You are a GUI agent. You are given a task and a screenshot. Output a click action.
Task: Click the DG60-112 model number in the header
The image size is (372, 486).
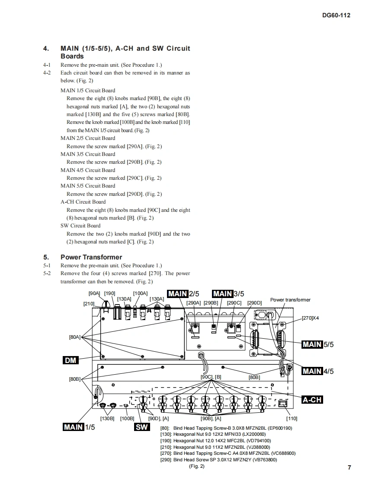pyautogui.click(x=336, y=15)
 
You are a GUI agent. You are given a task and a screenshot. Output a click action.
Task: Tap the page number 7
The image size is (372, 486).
pyautogui.click(x=350, y=467)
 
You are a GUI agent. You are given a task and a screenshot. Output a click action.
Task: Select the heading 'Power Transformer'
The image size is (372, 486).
pyautogui.click(x=91, y=257)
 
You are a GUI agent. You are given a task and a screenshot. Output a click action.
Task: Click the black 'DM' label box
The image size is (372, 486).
pyautogui.click(x=71, y=360)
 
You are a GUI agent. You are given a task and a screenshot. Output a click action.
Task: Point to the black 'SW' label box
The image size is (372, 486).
pyautogui.click(x=142, y=427)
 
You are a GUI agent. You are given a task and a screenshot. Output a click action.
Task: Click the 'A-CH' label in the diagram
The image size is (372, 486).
pyautogui.click(x=312, y=400)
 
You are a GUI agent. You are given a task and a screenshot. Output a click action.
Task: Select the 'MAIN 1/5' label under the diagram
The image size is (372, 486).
pyautogui.click(x=79, y=427)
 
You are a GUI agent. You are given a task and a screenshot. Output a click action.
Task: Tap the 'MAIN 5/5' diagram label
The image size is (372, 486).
pyautogui.click(x=318, y=344)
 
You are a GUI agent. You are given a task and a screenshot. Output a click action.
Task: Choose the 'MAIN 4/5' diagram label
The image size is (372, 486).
pyautogui.click(x=318, y=371)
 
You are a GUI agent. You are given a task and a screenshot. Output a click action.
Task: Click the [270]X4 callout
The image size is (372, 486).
pyautogui.click(x=311, y=318)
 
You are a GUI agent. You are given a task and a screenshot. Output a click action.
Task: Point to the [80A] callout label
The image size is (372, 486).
pyautogui.click(x=74, y=337)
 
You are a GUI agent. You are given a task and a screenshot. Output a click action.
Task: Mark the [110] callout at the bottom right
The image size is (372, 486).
pyautogui.click(x=292, y=418)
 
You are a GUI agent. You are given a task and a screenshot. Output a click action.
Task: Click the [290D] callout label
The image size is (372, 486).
pyautogui.click(x=254, y=303)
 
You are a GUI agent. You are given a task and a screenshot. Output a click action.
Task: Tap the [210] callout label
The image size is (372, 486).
pyautogui.click(x=89, y=304)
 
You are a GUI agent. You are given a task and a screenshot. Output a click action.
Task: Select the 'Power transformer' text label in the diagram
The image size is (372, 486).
pyautogui.click(x=290, y=300)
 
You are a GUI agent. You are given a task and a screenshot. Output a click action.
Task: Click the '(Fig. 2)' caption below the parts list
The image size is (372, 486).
pyautogui.click(x=197, y=466)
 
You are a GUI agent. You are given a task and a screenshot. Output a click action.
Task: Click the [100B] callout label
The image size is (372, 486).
pyautogui.click(x=127, y=418)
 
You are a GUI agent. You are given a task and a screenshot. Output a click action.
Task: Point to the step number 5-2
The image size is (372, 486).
pyautogui.click(x=47, y=273)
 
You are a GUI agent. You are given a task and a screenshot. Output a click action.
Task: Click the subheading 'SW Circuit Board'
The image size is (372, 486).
pyautogui.click(x=80, y=226)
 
